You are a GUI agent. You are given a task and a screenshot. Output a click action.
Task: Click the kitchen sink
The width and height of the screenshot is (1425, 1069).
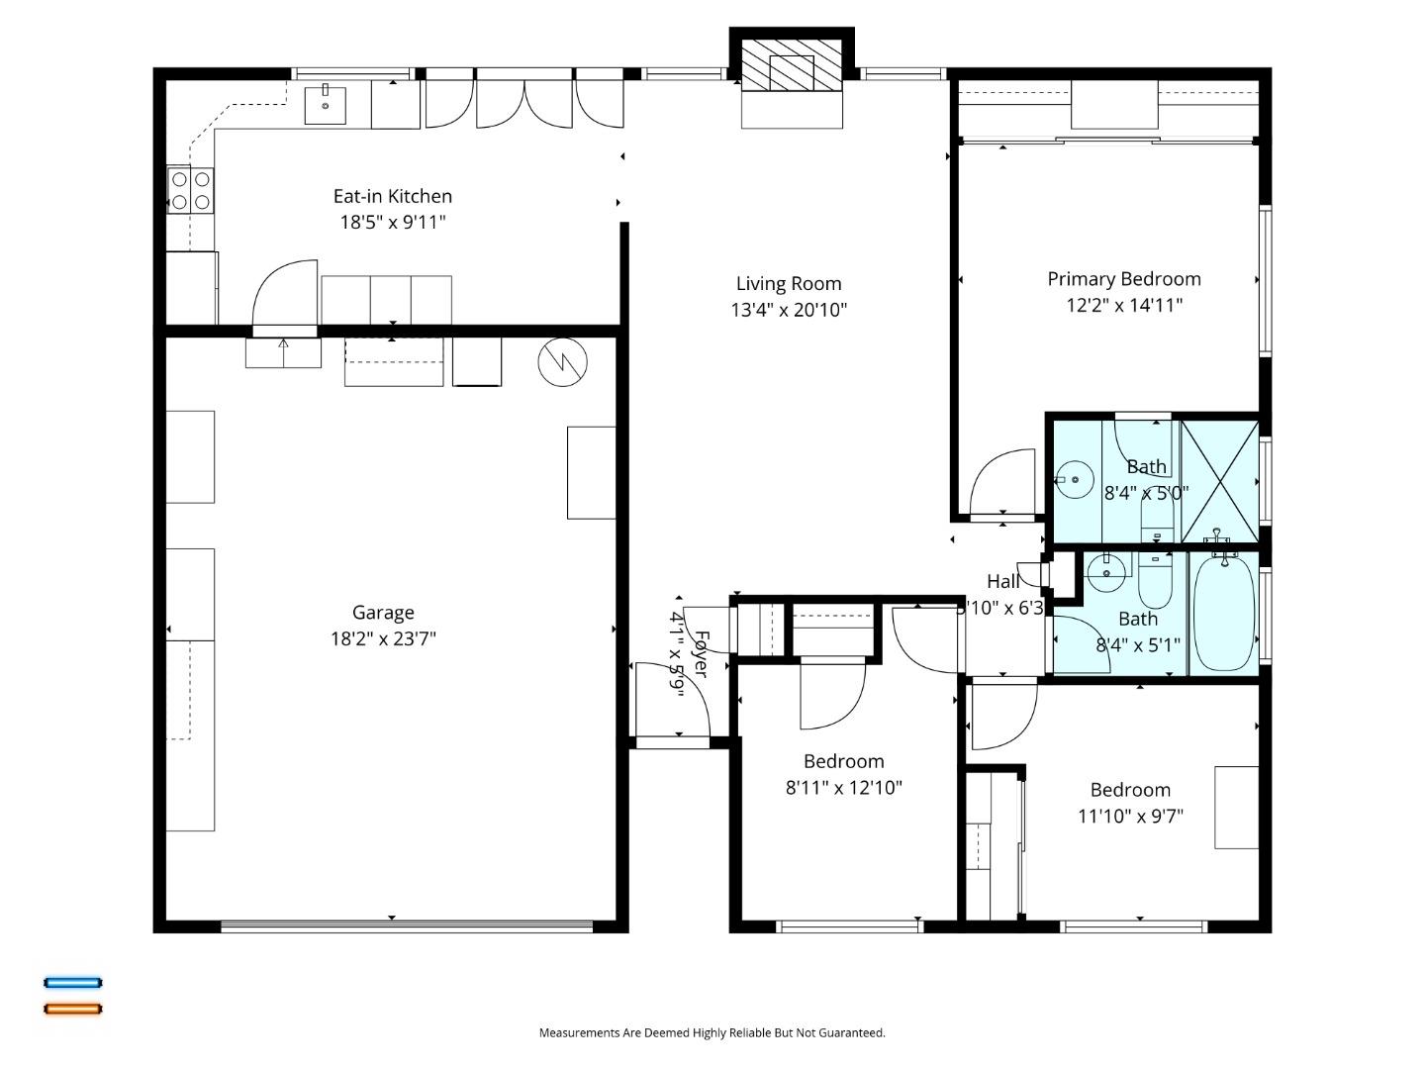(x=325, y=104)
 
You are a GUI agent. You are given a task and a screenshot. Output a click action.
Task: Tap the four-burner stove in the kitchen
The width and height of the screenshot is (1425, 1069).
(x=190, y=191)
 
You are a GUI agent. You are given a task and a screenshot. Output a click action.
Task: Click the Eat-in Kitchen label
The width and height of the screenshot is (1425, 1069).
(x=392, y=196)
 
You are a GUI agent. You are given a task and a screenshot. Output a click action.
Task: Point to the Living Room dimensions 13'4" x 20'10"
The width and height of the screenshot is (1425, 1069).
(x=789, y=310)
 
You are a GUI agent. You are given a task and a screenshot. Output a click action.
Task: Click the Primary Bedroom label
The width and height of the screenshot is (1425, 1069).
(x=1124, y=279)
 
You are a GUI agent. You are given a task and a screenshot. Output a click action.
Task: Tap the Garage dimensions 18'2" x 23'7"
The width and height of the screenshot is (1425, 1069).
(x=383, y=638)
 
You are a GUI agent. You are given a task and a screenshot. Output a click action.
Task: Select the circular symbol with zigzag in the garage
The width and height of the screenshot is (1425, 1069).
(x=562, y=363)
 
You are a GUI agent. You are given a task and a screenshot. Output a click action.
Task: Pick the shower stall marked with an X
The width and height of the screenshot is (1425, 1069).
(x=1220, y=481)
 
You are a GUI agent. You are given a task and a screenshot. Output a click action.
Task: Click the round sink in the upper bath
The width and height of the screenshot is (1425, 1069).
(x=1074, y=481)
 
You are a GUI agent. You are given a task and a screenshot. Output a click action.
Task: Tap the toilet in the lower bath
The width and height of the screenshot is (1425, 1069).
(x=1154, y=584)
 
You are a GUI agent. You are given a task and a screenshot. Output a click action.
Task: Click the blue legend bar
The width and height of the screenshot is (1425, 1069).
(x=72, y=983)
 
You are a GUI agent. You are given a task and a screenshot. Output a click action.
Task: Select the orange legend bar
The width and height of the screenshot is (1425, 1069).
(x=72, y=1009)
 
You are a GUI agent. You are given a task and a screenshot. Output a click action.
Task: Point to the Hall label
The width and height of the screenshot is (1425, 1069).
(x=1002, y=582)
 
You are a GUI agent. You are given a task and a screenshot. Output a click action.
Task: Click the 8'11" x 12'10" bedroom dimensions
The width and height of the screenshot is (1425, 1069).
(x=843, y=788)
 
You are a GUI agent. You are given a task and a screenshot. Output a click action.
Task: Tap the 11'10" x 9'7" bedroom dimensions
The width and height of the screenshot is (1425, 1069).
(x=1130, y=816)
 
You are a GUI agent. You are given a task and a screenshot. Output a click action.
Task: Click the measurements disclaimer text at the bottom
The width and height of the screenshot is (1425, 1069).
(x=712, y=1032)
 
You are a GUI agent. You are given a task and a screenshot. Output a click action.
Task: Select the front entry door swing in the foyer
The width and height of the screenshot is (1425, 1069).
(x=673, y=701)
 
